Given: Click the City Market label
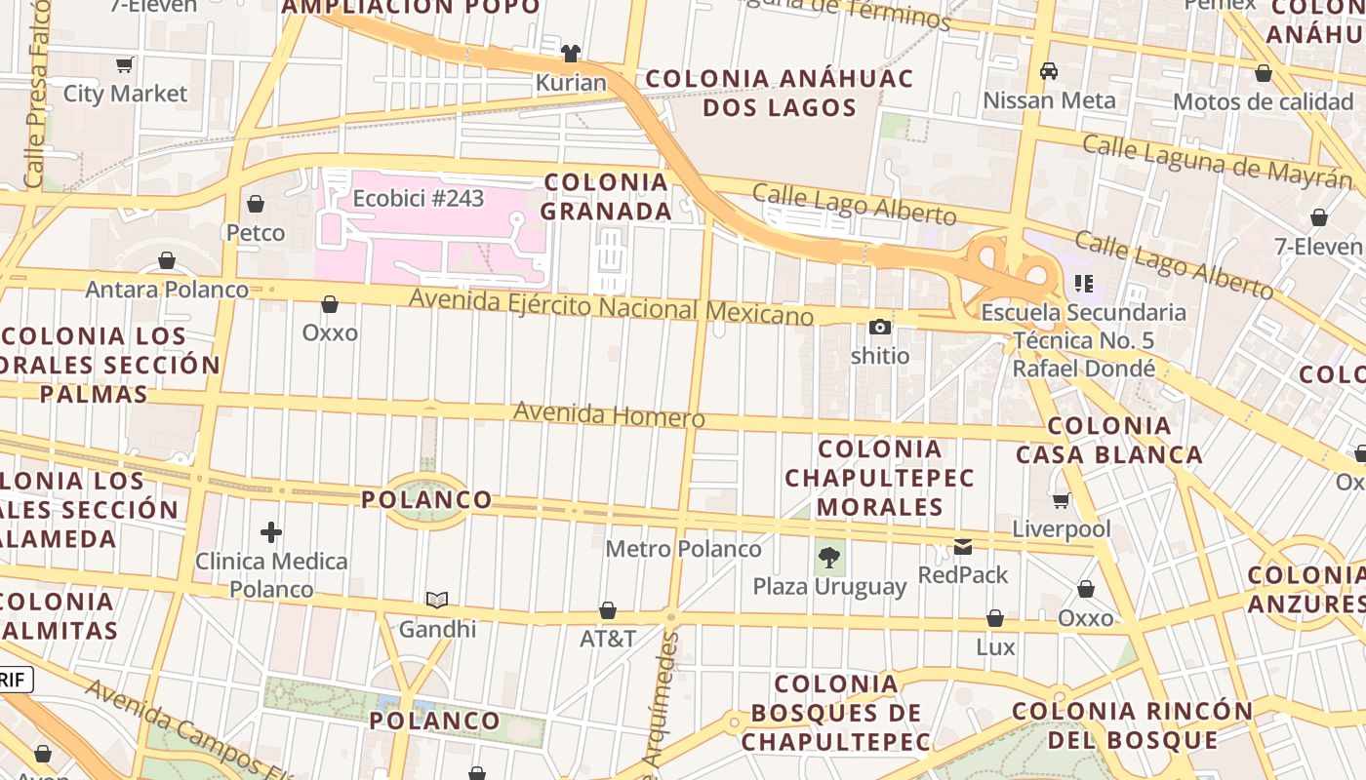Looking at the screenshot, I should (x=125, y=94).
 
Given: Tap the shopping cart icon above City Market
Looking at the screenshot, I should (x=124, y=65).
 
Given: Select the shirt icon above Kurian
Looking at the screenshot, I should (x=571, y=53).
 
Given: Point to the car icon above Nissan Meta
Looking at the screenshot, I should (x=1049, y=71).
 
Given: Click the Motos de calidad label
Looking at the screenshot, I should (x=1263, y=101).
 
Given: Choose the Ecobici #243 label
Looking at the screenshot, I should (x=419, y=198).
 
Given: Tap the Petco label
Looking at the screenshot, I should (x=256, y=233).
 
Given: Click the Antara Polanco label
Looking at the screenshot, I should (x=167, y=290).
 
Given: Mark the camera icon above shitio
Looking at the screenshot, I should (x=880, y=328).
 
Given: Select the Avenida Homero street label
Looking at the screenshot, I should (x=609, y=414).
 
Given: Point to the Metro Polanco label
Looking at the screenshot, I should (x=683, y=549).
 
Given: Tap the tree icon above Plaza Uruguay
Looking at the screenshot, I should (x=829, y=559).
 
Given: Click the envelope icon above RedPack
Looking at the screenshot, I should (x=963, y=547).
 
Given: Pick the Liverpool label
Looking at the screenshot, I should (x=1062, y=529).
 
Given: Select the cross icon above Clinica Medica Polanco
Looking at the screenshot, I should (x=271, y=532).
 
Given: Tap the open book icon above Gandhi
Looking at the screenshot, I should (x=437, y=600).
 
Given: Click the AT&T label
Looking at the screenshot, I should (x=608, y=640).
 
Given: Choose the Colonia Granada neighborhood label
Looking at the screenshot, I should (x=606, y=196).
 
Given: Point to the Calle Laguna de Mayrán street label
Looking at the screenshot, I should (x=1218, y=161).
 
